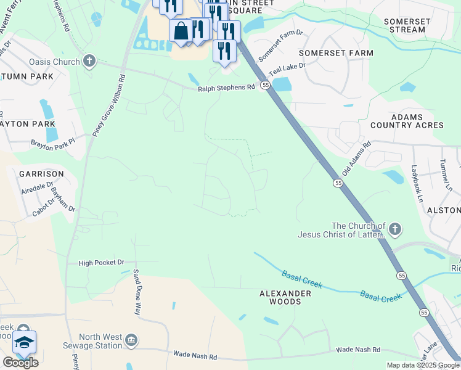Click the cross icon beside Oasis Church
click(89, 61)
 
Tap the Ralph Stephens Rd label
click(226, 88)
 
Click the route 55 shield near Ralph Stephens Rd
click(264, 85)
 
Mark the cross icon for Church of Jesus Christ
click(394, 229)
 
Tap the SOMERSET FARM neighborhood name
click(336, 53)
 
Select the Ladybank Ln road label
click(417, 183)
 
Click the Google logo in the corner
click(20, 363)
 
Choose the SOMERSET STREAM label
click(407, 25)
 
